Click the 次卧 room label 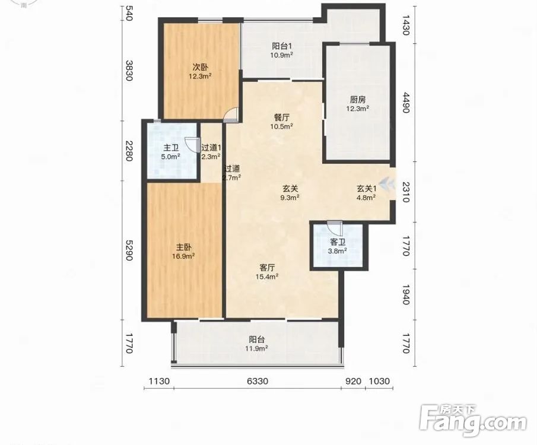(x=201, y=68)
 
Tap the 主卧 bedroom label (x=184, y=247)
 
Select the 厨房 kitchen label (x=358, y=100)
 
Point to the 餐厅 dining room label (x=282, y=117)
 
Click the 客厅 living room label (x=267, y=267)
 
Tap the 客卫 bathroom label (x=338, y=242)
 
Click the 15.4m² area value (x=267, y=276)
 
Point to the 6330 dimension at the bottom (x=258, y=381)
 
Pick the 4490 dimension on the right (x=406, y=103)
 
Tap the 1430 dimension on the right (x=406, y=25)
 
